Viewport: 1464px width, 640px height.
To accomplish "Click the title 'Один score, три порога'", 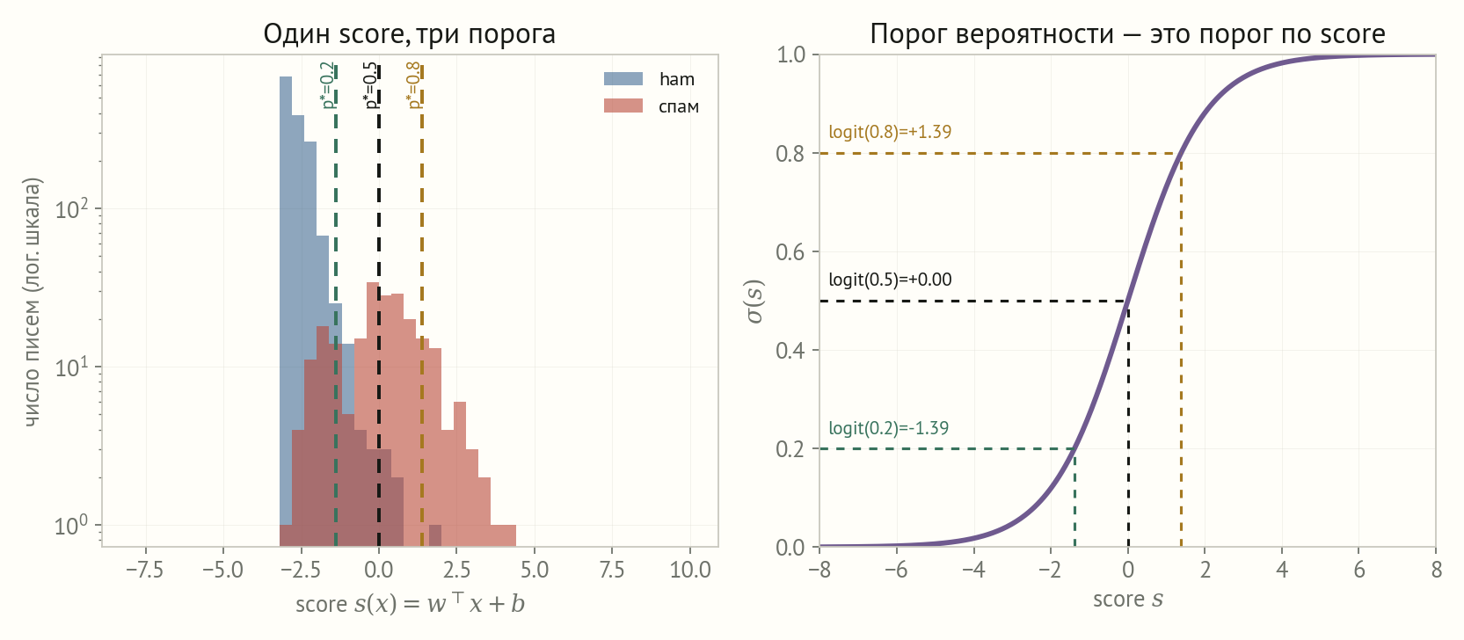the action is click(409, 34).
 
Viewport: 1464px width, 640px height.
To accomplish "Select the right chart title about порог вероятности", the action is click(1127, 34).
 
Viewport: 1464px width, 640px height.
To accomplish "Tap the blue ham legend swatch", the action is click(623, 78).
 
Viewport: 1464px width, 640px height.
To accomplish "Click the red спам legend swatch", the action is click(623, 105).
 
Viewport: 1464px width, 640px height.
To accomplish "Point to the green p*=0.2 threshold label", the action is click(327, 85).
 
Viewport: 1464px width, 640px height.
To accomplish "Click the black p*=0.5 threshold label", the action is click(370, 85).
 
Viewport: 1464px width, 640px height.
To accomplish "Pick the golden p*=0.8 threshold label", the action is click(414, 85).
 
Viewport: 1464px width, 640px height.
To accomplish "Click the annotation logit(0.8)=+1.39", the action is click(890, 132).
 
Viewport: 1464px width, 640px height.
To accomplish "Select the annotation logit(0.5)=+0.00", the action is click(890, 280).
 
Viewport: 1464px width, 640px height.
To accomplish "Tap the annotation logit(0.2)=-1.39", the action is click(889, 428).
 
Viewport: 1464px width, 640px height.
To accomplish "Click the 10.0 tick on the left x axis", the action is click(690, 570).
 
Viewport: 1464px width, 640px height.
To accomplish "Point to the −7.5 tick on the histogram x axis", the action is click(144, 570).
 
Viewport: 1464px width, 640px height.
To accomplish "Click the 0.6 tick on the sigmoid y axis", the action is click(790, 251).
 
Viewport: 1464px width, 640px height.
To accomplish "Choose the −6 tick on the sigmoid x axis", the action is click(896, 570).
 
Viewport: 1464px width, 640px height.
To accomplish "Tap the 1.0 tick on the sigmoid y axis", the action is click(790, 55).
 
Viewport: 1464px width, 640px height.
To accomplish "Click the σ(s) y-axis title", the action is click(755, 301).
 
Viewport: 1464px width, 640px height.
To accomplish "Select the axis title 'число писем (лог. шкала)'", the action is click(33, 302).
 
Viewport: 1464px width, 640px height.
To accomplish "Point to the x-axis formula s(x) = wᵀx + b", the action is click(440, 603).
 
